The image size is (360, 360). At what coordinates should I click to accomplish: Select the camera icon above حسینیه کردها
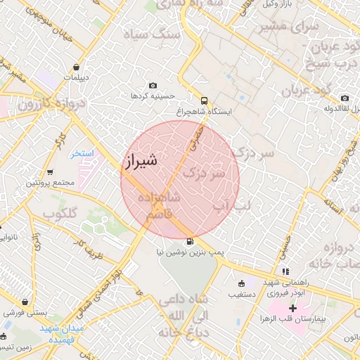153,85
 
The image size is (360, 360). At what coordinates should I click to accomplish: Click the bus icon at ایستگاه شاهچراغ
204,100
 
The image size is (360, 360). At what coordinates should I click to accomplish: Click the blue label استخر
84,153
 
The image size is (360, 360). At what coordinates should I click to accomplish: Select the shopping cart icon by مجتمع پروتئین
50,172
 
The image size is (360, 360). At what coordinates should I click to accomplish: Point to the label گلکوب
60,212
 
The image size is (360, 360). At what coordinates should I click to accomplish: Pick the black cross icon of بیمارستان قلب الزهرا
293,308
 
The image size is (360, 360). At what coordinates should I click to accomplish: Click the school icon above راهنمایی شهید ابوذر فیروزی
285,271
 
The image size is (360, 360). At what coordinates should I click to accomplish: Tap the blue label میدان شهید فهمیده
61,333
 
